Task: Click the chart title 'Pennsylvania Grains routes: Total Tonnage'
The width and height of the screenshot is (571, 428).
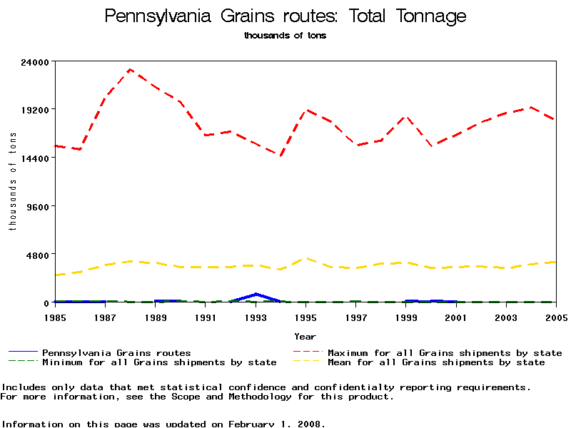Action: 285,16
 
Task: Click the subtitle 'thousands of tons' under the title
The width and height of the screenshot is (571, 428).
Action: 285,36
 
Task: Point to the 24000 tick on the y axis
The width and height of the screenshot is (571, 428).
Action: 36,62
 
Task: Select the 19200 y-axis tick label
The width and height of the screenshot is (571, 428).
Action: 36,110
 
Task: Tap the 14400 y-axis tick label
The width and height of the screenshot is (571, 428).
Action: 36,158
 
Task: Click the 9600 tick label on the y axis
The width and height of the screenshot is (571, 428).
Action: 39,206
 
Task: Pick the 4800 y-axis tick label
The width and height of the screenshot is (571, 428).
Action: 39,255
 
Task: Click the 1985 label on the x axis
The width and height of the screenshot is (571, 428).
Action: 55,316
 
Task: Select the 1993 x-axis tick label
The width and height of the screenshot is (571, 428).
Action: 256,316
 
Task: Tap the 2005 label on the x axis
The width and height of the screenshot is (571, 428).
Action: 556,316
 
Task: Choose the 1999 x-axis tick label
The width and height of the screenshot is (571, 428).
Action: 405,316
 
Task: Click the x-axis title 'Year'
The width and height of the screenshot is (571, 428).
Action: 305,336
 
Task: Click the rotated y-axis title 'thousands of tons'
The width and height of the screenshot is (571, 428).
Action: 12,182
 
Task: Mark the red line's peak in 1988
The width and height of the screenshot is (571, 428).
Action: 130,69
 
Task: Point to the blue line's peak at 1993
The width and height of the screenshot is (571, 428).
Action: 256,294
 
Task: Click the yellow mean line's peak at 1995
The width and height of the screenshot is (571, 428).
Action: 305,258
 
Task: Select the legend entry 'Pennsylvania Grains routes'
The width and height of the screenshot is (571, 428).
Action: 116,352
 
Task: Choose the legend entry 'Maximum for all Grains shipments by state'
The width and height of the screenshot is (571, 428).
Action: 445,352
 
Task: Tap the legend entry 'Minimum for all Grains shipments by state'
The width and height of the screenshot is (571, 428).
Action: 159,362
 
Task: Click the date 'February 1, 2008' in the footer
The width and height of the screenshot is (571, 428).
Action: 277,424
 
